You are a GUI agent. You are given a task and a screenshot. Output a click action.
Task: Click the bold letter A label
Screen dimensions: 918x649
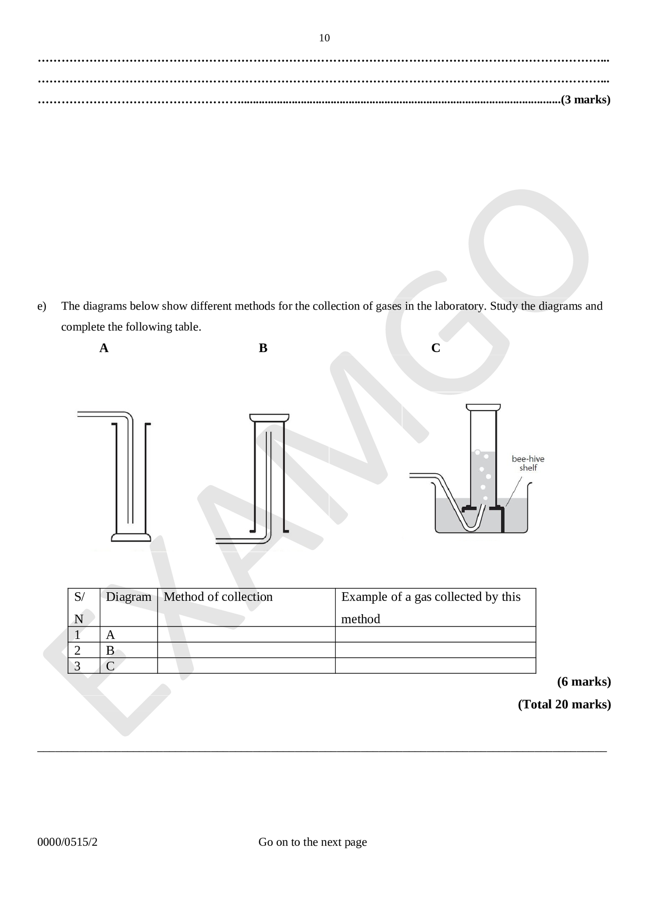click(x=104, y=348)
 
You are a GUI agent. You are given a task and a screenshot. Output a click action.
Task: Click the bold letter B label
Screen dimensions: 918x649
click(x=263, y=348)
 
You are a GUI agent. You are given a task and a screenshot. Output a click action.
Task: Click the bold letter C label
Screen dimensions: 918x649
click(x=436, y=348)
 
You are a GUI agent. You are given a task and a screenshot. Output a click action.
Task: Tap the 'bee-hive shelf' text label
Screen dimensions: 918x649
click(x=528, y=463)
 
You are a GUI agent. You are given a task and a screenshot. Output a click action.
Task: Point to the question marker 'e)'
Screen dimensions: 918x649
click(x=41, y=306)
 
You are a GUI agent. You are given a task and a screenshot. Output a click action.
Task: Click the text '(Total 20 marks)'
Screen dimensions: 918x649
click(x=564, y=704)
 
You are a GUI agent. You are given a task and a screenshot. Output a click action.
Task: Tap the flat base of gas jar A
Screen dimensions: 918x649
click(x=131, y=537)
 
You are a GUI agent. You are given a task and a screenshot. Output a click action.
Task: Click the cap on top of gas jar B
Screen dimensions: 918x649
click(x=269, y=417)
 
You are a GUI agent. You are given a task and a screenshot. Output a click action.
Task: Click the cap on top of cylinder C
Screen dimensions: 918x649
click(x=483, y=407)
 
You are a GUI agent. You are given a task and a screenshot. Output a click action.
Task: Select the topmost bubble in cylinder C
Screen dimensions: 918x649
click(x=477, y=452)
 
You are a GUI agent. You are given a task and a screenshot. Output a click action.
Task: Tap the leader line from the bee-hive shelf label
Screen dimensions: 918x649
click(x=513, y=491)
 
